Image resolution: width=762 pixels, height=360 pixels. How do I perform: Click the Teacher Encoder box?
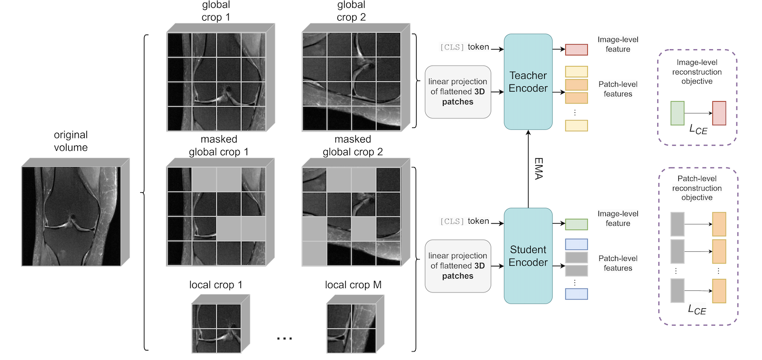click(x=528, y=81)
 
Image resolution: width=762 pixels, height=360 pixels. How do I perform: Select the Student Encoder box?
click(x=528, y=256)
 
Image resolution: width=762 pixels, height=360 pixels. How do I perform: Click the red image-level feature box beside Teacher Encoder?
click(x=576, y=50)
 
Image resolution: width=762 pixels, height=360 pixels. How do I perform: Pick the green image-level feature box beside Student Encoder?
click(x=576, y=224)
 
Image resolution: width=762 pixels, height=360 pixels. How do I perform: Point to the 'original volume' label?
click(x=70, y=141)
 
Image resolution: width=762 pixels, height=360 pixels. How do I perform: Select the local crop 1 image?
click(x=216, y=327)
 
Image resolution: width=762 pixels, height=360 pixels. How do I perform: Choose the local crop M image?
click(x=352, y=327)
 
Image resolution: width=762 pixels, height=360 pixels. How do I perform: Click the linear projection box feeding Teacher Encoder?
click(x=458, y=92)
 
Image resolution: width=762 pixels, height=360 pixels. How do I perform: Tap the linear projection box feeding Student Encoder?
click(x=458, y=266)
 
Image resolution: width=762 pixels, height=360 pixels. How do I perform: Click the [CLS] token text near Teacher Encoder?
click(x=464, y=47)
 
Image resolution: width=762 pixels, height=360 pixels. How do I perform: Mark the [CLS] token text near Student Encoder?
click(x=464, y=221)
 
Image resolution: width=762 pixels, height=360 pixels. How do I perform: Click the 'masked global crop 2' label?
click(x=352, y=145)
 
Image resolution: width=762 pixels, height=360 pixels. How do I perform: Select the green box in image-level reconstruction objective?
click(x=677, y=113)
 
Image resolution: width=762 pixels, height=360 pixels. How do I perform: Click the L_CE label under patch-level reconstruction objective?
click(x=695, y=309)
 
